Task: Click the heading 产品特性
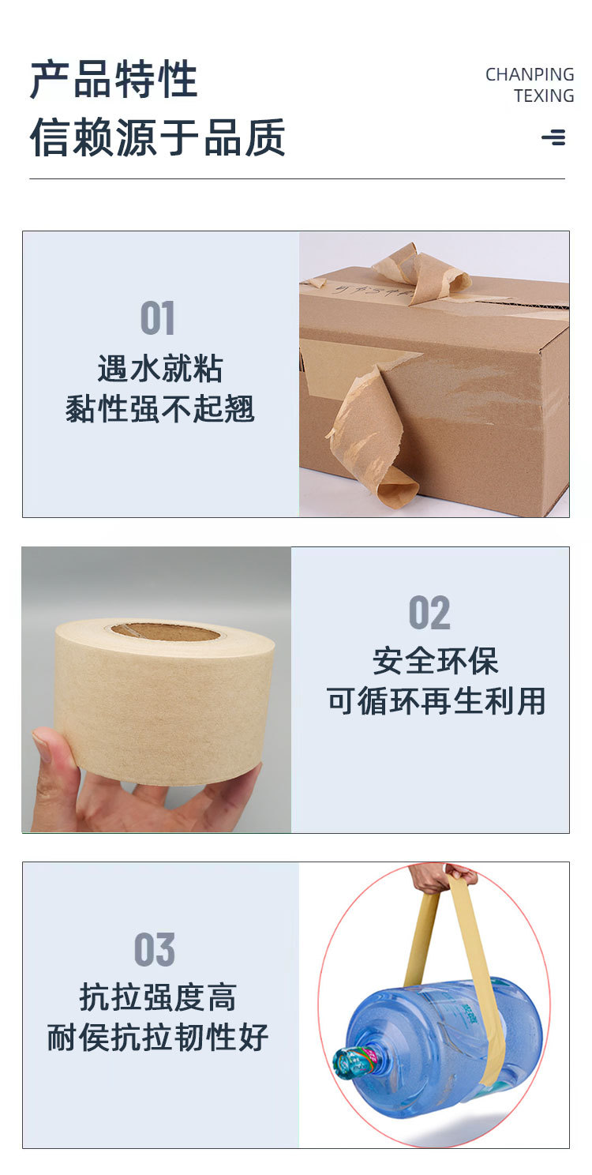coord(114,81)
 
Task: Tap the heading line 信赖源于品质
coord(157,137)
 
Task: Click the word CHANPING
coord(530,75)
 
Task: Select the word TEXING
coord(544,96)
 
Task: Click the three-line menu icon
coord(553,137)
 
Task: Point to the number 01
coord(157,318)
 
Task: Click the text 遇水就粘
coord(160,369)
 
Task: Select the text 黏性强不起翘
coord(160,409)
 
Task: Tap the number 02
coord(429,613)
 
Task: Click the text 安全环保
coord(436,661)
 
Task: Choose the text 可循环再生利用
coord(436,701)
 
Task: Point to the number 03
coord(155,949)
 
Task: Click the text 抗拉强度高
coord(158,997)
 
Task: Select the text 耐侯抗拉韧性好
coord(158,1038)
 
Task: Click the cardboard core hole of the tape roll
coord(165,631)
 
